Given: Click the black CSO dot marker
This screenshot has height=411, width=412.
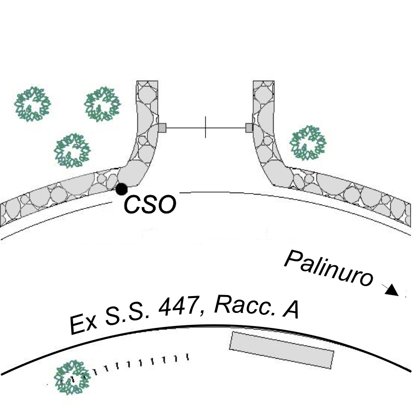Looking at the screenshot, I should point(121,189).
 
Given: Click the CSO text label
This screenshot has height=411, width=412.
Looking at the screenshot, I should point(150,205).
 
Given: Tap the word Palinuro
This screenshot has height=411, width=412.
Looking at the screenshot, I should point(328,269).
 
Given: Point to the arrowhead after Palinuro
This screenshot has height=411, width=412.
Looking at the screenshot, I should point(393,290).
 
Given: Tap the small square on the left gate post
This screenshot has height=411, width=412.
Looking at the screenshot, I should point(162,128).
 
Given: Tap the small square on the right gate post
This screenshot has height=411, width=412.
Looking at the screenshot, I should point(249,128).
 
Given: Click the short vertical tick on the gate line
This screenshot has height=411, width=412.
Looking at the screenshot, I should point(206,127).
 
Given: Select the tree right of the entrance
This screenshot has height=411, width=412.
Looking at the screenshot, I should point(308,142).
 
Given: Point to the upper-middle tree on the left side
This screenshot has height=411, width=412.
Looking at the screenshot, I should point(103,103).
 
